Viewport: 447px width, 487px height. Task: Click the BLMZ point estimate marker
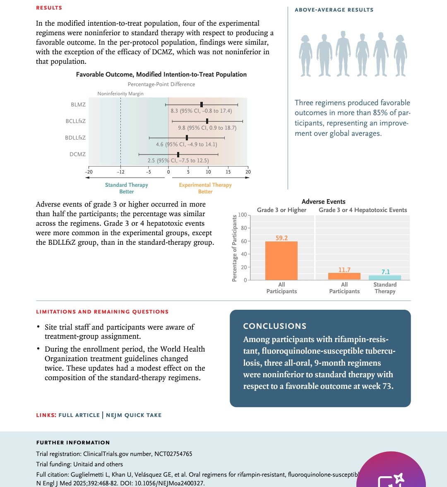click(x=202, y=105)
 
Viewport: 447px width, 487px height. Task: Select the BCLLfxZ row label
click(x=75, y=121)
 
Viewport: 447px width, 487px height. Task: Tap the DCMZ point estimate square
click(x=178, y=154)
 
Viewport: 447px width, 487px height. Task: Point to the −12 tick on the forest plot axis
click(x=120, y=172)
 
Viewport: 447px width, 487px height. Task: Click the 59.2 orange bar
click(x=281, y=260)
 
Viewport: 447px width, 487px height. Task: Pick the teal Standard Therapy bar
click(x=385, y=277)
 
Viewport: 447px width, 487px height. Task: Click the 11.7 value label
click(x=344, y=270)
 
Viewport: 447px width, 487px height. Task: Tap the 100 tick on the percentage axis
click(x=242, y=215)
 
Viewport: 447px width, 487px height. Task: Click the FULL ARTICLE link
click(x=79, y=415)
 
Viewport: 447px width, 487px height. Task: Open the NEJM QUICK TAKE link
click(x=134, y=415)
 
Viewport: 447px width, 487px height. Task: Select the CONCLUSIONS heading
click(x=275, y=326)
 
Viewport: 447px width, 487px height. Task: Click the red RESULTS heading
click(x=49, y=8)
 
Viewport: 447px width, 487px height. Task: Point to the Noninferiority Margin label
click(x=120, y=94)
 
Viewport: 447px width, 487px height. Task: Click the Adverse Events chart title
click(x=324, y=202)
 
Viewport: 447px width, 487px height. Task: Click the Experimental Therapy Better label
click(x=205, y=188)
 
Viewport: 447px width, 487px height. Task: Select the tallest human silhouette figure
click(x=343, y=53)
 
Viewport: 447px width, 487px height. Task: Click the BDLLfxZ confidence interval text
click(x=186, y=144)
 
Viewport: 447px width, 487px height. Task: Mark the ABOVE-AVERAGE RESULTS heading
click(x=334, y=10)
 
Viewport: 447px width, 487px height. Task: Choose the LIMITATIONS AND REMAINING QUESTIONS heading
click(x=102, y=311)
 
